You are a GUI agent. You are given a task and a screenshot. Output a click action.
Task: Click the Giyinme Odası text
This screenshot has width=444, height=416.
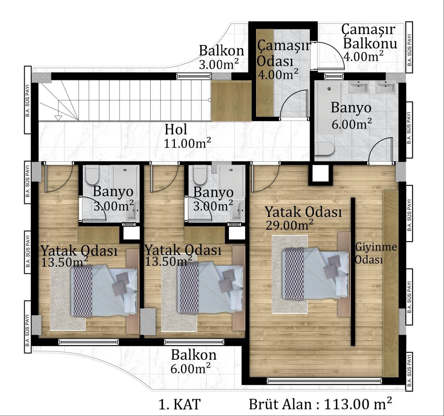pyautogui.click(x=376, y=253)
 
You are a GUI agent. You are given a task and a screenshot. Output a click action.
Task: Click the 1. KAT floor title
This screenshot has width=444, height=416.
pyautogui.click(x=179, y=404)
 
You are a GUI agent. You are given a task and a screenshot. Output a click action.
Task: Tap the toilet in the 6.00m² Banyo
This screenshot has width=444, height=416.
pyautogui.click(x=324, y=149)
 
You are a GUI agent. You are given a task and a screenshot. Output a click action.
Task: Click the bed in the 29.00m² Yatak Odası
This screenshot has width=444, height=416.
pyautogui.click(x=315, y=274)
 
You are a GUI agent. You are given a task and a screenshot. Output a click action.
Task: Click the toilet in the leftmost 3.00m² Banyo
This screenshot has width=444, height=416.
pyautogui.click(x=92, y=175)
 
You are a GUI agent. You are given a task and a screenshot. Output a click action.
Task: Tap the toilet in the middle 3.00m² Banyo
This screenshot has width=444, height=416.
pyautogui.click(x=199, y=175)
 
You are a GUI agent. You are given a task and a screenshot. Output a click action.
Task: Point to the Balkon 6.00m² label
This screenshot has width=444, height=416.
pyautogui.click(x=193, y=361)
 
